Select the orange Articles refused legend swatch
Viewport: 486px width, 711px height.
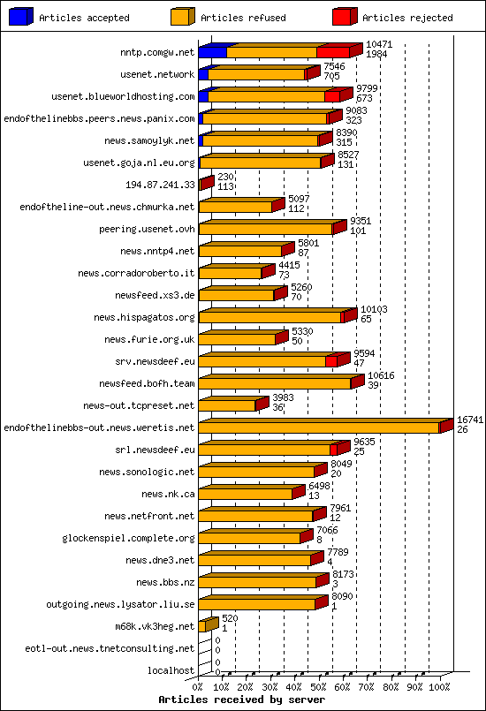[183, 16]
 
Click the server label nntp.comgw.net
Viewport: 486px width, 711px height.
[157, 52]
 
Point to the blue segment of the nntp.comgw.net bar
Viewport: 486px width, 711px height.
[212, 51]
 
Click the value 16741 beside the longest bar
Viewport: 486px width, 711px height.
[469, 420]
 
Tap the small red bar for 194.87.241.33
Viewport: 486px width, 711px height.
[206, 184]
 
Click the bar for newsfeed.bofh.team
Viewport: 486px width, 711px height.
[276, 383]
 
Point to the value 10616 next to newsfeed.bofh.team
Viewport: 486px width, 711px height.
[381, 376]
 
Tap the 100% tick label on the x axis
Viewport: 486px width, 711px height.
[439, 686]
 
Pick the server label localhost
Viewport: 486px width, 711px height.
[171, 670]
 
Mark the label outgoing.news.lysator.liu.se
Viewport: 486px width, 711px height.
[120, 604]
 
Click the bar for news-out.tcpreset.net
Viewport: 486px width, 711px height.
[228, 405]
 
